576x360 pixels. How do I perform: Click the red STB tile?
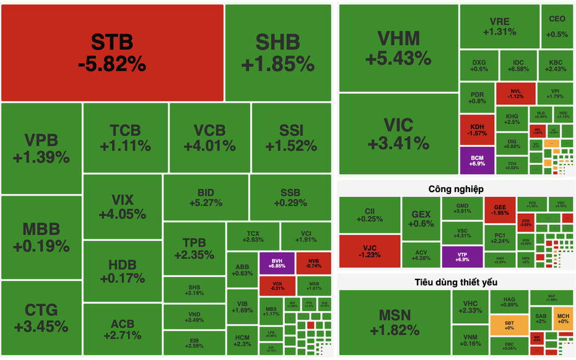point(112,53)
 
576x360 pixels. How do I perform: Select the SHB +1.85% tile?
point(277,53)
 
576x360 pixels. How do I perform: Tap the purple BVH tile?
point(276,263)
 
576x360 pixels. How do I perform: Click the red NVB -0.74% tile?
point(313,263)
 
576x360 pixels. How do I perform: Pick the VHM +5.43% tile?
point(398,48)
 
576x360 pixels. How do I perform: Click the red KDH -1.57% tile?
point(477,130)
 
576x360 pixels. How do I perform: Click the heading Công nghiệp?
point(456,189)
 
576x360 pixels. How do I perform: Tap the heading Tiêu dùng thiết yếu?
point(456,282)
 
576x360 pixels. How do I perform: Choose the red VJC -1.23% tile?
point(369,251)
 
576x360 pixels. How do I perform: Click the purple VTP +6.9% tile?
point(462,256)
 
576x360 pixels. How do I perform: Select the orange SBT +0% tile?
point(509,325)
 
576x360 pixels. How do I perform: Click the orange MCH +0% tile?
point(562,317)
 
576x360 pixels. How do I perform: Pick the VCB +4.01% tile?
point(209,138)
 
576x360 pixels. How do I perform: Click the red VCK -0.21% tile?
point(276,285)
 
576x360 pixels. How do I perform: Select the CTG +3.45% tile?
point(41,317)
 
